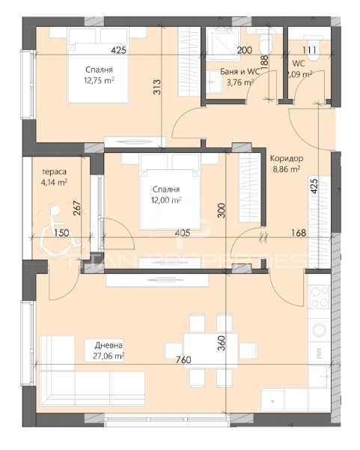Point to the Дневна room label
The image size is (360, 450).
109,345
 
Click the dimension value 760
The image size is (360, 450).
183,360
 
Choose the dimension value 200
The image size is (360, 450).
244,50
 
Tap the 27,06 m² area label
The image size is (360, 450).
109,356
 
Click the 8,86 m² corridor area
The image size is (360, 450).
284,169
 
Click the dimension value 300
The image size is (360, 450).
221,211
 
